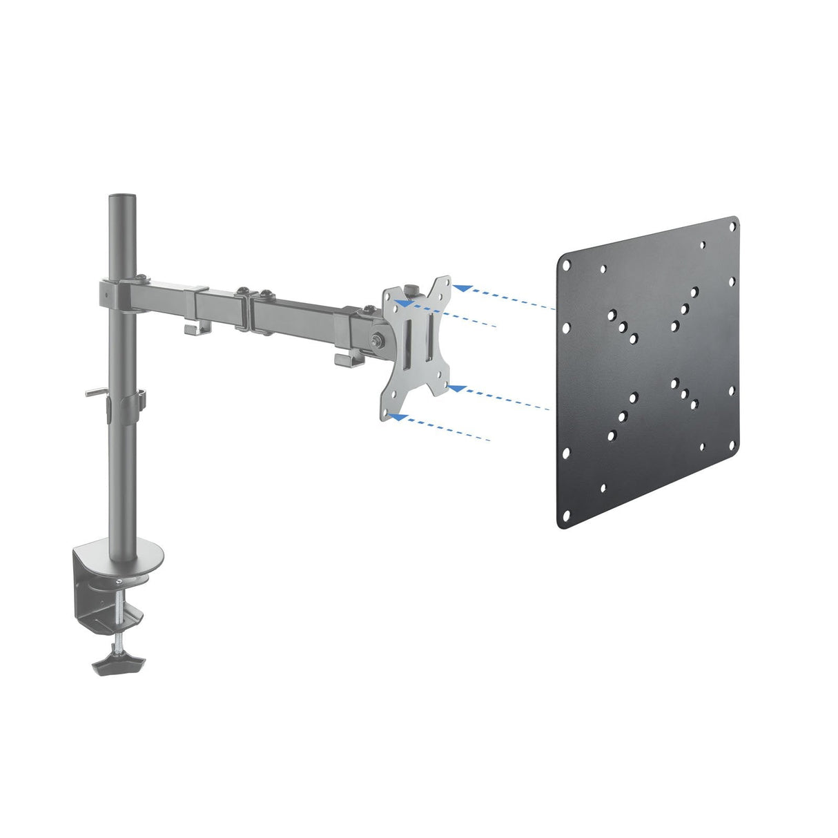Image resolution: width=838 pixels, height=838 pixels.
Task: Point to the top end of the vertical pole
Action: (x=117, y=201)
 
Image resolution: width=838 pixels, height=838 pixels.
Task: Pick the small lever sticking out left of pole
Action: (x=96, y=394)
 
